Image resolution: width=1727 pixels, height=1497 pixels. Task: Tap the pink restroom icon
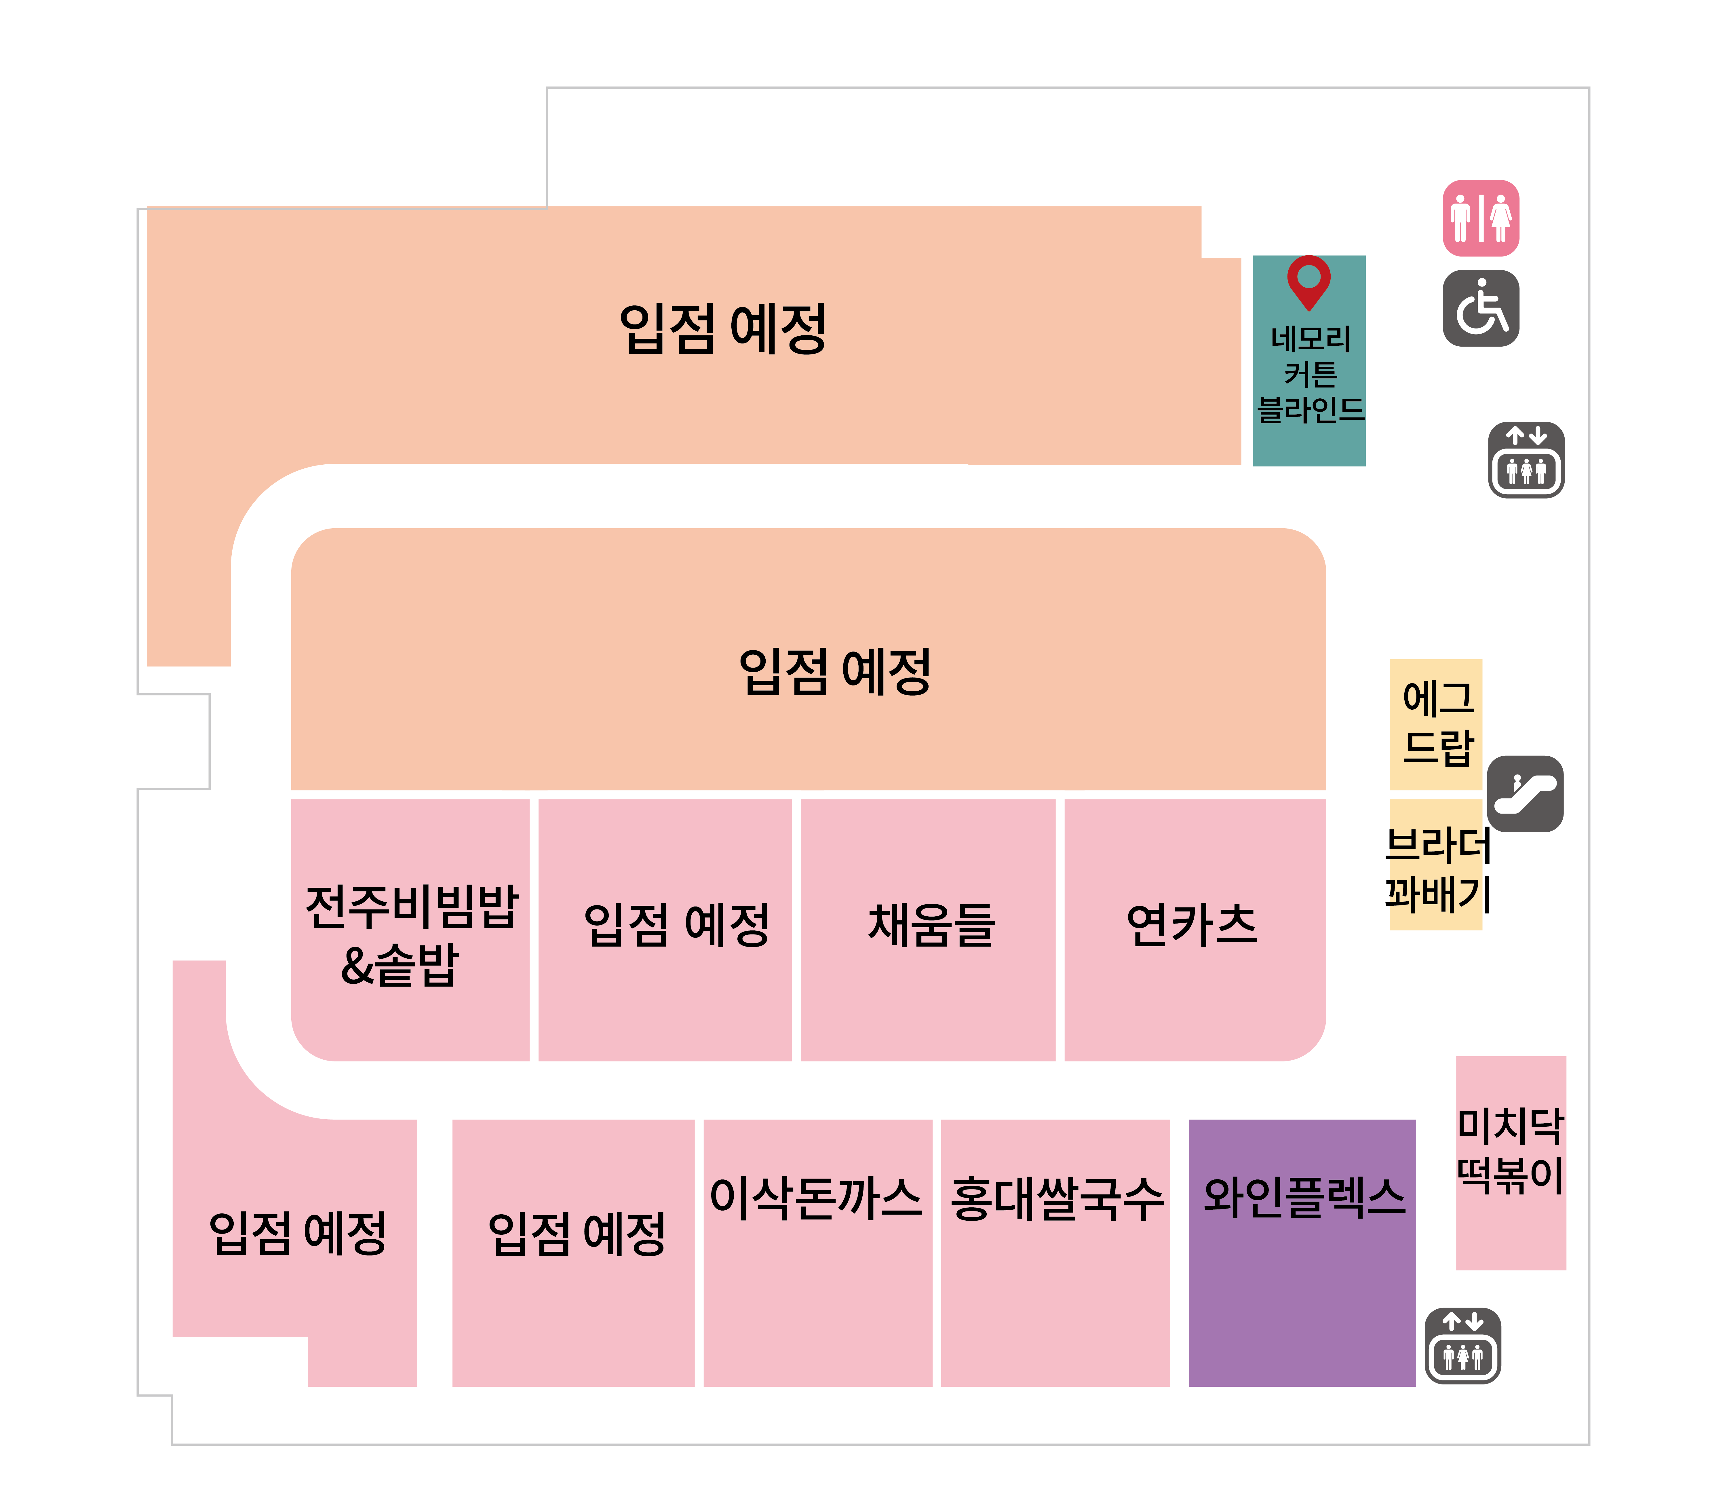point(1481,218)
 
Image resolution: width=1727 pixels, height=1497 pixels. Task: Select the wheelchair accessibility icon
point(1481,308)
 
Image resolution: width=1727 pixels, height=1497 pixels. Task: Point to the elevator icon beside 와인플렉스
point(1463,1346)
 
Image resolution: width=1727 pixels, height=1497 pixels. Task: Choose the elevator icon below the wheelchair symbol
point(1527,460)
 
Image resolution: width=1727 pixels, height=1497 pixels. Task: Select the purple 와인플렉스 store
point(1302,1253)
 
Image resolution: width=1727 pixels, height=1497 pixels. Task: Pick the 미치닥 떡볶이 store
point(1511,1163)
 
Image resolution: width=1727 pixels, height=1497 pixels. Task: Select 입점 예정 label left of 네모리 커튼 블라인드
point(723,328)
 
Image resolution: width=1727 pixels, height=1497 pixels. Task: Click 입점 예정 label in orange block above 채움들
point(835,672)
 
